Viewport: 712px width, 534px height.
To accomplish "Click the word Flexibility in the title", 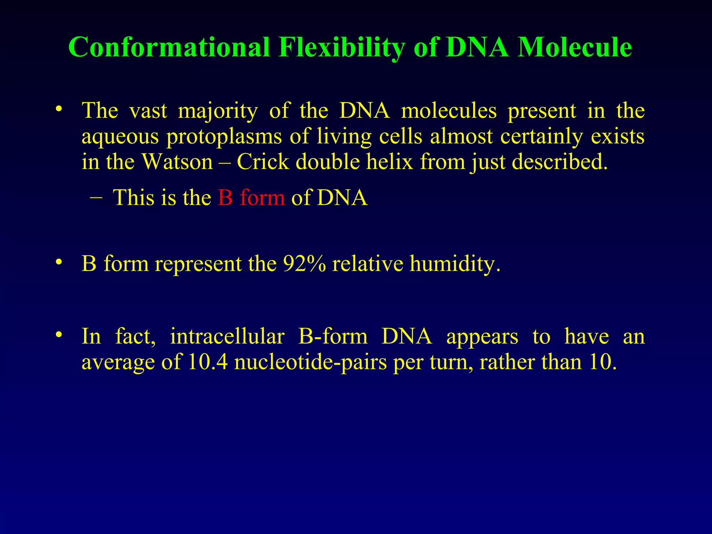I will click(x=341, y=47).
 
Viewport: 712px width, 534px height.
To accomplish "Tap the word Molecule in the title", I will click(x=574, y=47).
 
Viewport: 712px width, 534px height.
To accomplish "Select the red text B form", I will click(x=251, y=197).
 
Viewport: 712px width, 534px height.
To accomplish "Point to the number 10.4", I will click(x=208, y=362).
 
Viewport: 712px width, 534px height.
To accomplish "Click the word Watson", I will click(x=178, y=162).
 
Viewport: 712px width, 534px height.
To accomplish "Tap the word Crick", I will click(x=263, y=162).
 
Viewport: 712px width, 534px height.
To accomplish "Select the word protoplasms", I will click(x=224, y=136).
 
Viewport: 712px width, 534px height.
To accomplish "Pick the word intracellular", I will click(x=227, y=337).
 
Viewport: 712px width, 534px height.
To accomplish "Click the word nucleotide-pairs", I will click(x=310, y=362).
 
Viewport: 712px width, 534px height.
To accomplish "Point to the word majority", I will click(x=218, y=111).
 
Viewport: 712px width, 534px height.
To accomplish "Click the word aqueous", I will click(x=120, y=136).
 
